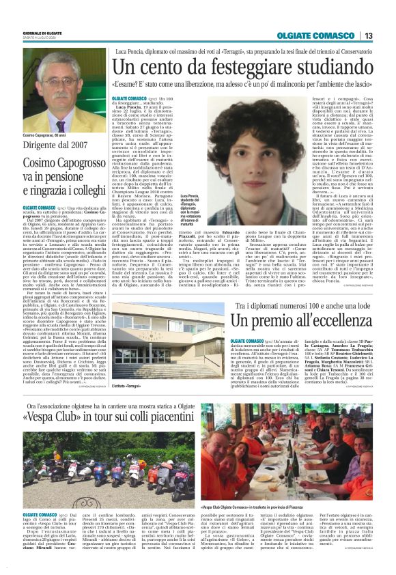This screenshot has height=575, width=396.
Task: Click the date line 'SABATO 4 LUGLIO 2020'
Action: click(x=40, y=38)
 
